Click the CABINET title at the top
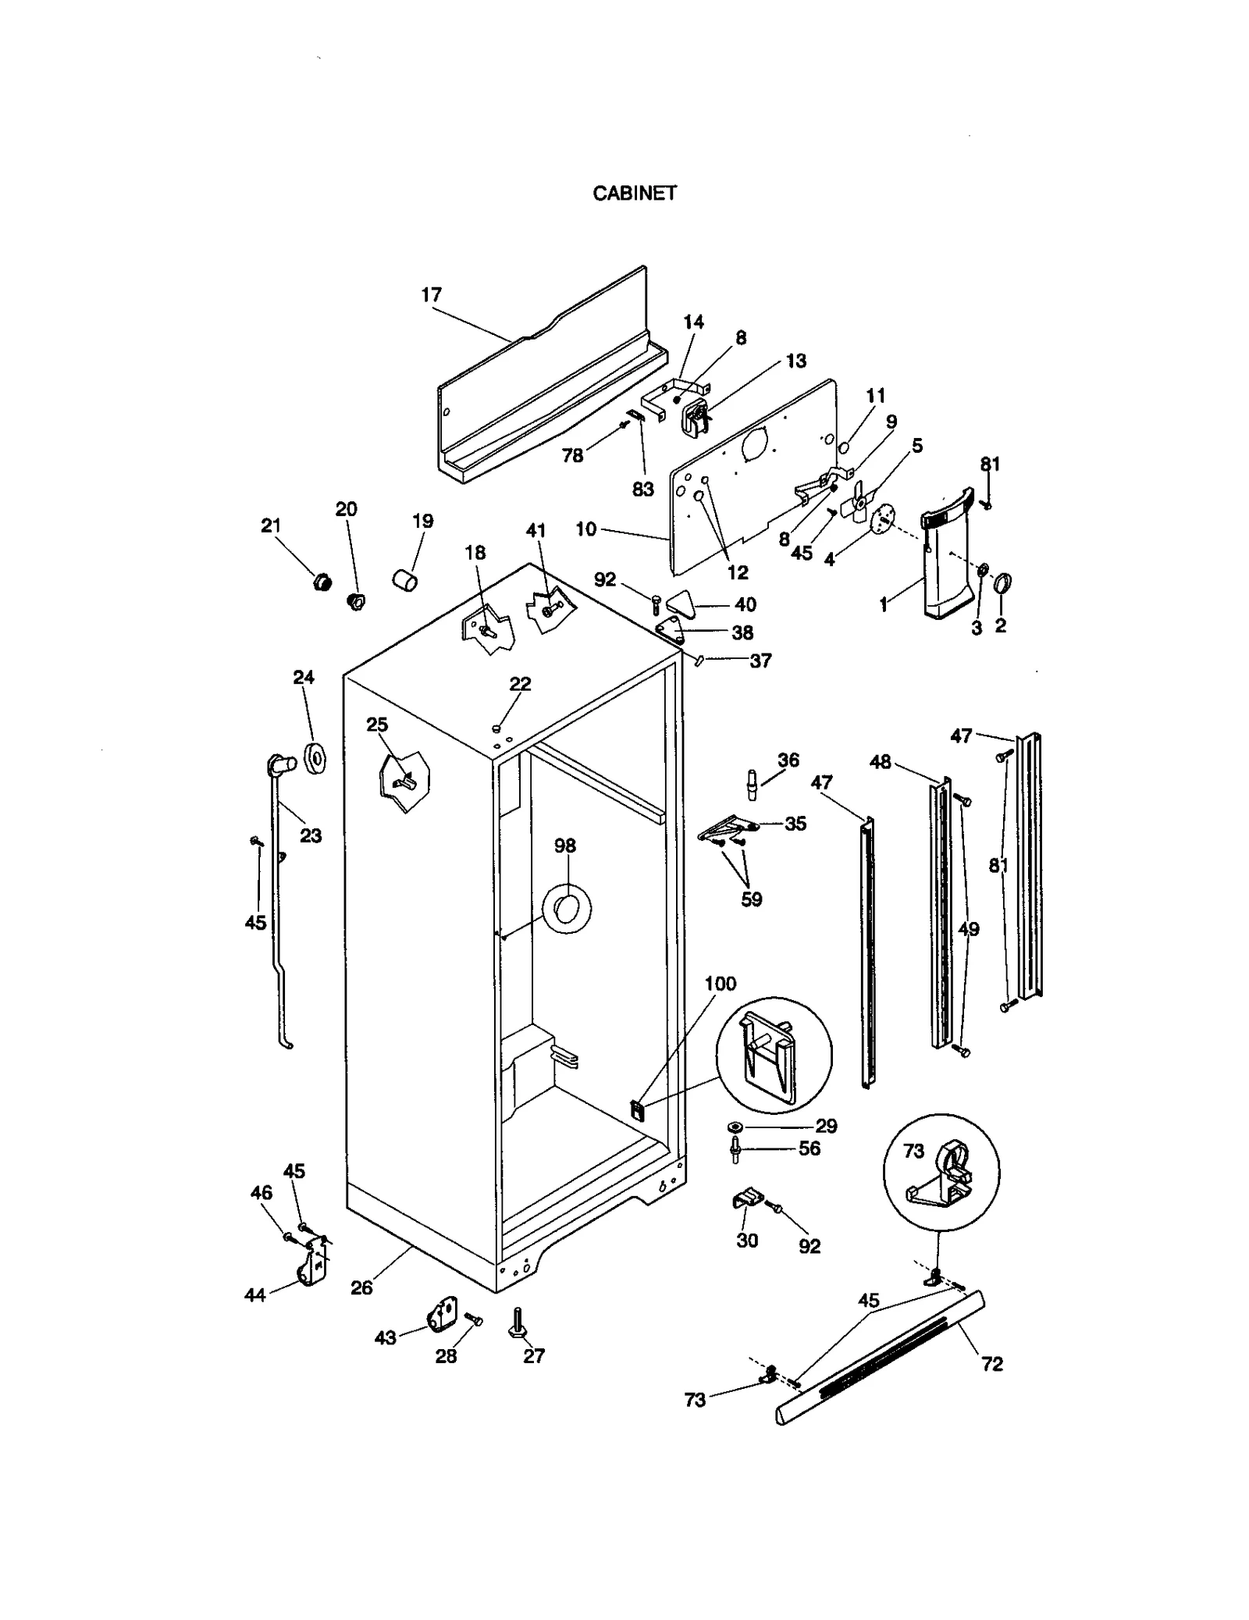tap(634, 194)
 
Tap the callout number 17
tap(431, 295)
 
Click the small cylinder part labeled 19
tap(404, 581)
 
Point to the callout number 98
tap(565, 846)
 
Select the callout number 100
tap(720, 984)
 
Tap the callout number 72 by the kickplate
tap(991, 1364)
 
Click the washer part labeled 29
tap(736, 1127)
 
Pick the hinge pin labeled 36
tap(753, 785)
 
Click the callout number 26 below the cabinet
tap(361, 1288)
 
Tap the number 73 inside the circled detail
tap(913, 1151)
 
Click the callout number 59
tap(751, 899)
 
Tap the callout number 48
tap(880, 762)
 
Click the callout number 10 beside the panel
tap(585, 529)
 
